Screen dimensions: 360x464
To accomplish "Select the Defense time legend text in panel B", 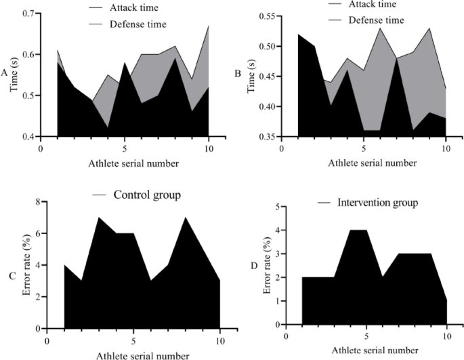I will [377, 20].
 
